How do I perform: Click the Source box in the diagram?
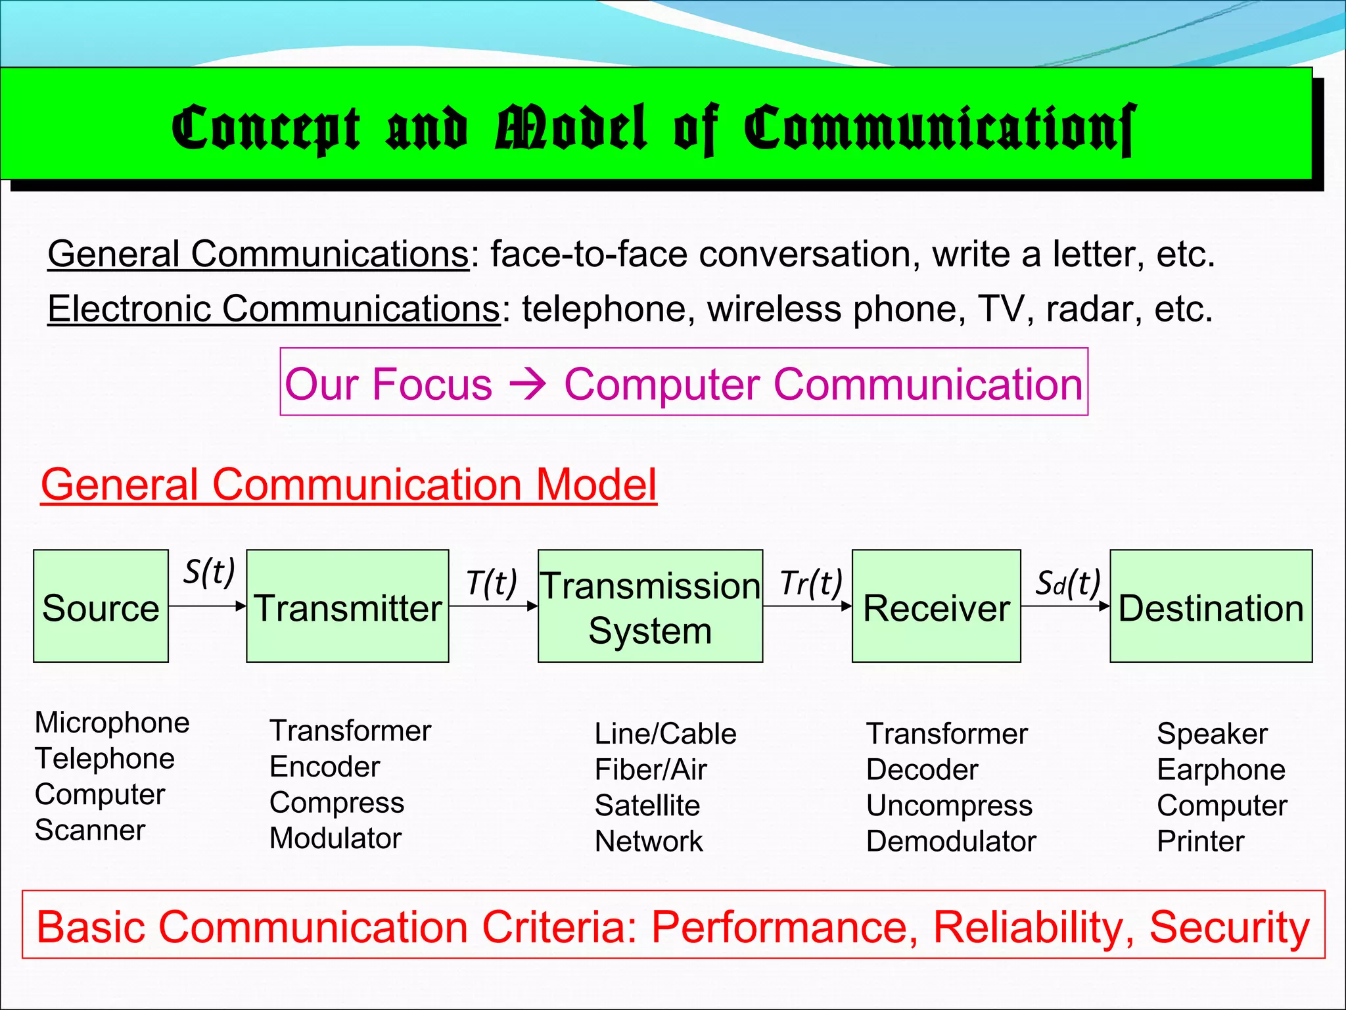[101, 606]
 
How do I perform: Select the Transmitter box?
[348, 606]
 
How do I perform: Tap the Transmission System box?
[650, 606]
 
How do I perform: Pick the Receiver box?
[936, 606]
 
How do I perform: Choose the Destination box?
[1211, 606]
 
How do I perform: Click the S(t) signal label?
[209, 571]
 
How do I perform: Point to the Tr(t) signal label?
[811, 583]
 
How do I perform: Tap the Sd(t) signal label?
[1067, 583]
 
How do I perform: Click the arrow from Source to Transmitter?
[208, 606]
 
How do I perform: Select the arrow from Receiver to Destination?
[1065, 606]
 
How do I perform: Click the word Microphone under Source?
[112, 723]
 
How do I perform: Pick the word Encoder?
[325, 767]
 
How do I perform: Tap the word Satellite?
[647, 806]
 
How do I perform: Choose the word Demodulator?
[951, 842]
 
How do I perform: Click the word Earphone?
[1221, 770]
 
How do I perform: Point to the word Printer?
[1201, 842]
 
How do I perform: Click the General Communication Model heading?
[349, 485]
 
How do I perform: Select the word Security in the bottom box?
[1230, 927]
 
